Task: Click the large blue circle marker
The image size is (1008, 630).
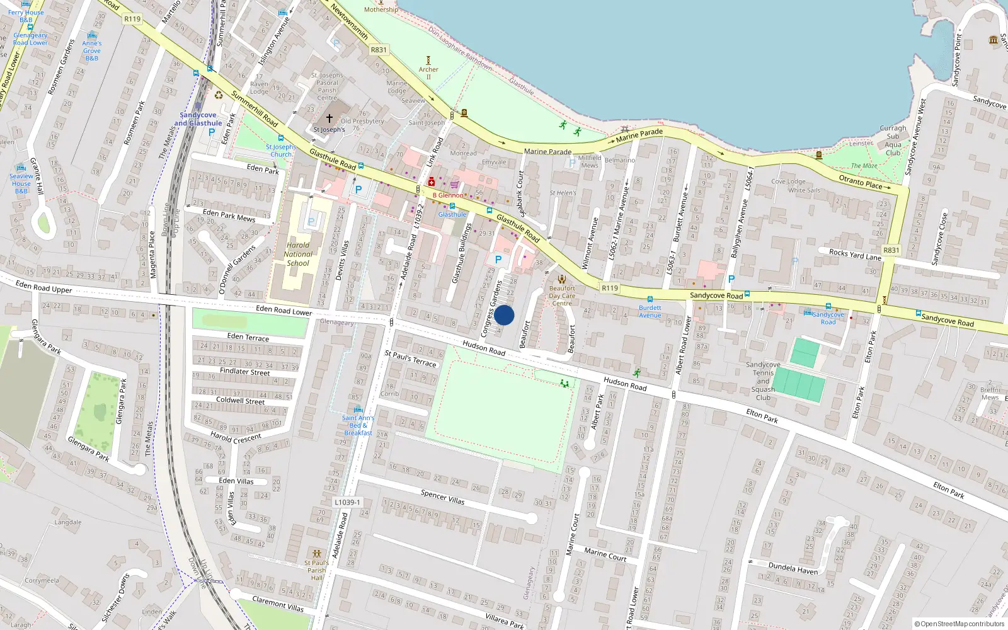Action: pos(504,315)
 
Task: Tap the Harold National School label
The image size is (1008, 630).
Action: pos(298,255)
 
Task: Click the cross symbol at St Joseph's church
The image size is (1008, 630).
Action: pos(329,118)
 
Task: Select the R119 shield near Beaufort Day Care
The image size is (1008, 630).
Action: pos(610,288)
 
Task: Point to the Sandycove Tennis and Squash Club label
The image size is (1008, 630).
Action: pos(763,381)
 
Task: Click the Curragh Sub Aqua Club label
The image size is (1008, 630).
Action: pos(893,140)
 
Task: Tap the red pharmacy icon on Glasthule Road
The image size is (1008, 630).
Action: pos(431,182)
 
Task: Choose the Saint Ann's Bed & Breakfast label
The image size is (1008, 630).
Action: pos(358,425)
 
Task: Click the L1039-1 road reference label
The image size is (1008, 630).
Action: pos(347,502)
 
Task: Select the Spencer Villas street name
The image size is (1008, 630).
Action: pos(442,498)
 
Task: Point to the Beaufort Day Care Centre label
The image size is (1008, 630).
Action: pos(562,295)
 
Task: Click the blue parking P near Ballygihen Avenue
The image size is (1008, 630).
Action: pos(731,279)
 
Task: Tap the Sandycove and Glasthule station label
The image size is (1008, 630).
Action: pos(198,119)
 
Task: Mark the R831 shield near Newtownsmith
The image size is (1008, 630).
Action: pos(379,50)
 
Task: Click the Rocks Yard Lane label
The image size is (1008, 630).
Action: pos(855,255)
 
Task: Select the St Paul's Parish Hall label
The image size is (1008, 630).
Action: pos(316,570)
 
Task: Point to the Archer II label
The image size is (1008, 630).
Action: pos(428,73)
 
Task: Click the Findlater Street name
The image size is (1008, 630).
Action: pos(244,372)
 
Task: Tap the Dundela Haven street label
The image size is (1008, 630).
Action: pos(793,568)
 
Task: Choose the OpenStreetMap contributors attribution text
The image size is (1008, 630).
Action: pos(959,624)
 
